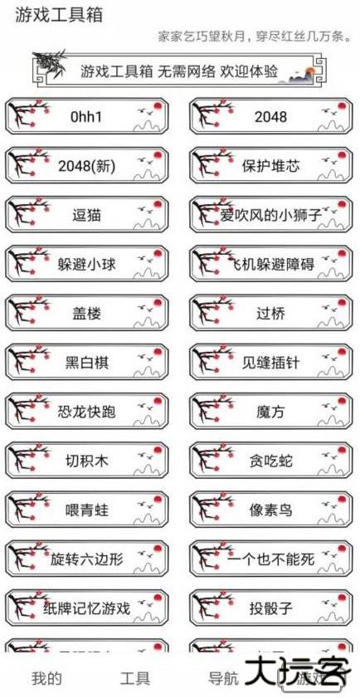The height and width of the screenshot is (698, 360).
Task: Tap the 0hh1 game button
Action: click(x=87, y=117)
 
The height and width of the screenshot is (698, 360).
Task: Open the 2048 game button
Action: click(x=270, y=117)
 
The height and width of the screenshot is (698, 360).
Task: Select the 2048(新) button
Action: click(x=87, y=166)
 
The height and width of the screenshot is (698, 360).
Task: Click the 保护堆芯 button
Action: click(x=270, y=166)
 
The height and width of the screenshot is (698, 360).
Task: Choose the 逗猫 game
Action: click(x=87, y=215)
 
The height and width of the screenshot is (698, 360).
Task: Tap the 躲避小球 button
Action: click(x=87, y=265)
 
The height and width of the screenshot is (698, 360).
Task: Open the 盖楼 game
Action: click(x=87, y=314)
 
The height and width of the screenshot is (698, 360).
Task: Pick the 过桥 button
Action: click(x=270, y=314)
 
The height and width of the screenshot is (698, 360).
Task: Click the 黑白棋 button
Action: click(x=87, y=363)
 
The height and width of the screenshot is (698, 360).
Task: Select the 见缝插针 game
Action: click(x=270, y=363)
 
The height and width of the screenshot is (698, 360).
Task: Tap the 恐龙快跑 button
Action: click(x=87, y=412)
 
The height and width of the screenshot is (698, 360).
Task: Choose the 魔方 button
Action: click(x=270, y=412)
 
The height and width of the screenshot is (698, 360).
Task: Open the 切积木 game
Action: click(x=87, y=461)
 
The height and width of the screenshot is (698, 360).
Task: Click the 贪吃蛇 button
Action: click(x=270, y=461)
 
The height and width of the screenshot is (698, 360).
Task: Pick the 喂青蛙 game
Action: click(x=87, y=510)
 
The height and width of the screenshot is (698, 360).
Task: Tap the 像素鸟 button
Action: click(x=270, y=510)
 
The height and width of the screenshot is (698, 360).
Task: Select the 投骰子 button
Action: click(x=270, y=608)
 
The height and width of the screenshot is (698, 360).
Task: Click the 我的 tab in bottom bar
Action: click(x=46, y=678)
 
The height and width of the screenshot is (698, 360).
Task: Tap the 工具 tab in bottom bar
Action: click(x=135, y=678)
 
